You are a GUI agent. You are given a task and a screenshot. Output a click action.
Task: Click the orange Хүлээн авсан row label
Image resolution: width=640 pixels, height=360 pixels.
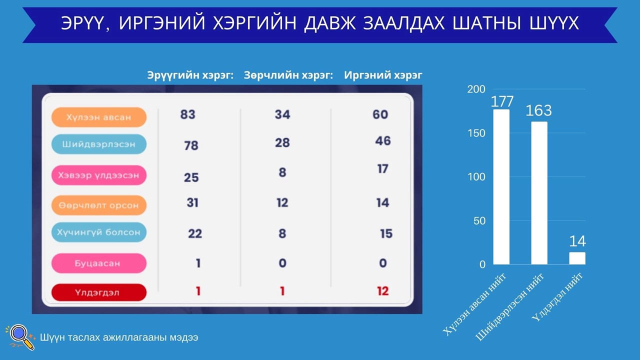(x=99, y=117)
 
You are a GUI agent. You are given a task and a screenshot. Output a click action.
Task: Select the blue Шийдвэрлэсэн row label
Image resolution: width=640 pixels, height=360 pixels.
(x=99, y=144)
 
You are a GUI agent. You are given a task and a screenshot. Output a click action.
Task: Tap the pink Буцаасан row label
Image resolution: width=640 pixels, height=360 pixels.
(x=99, y=263)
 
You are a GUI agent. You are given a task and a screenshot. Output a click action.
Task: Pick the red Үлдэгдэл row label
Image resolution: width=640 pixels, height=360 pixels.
(x=99, y=292)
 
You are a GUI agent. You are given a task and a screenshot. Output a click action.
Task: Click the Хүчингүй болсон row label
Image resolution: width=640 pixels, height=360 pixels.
(x=99, y=232)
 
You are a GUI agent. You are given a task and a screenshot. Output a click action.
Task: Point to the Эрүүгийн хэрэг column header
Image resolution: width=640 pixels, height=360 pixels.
(x=190, y=75)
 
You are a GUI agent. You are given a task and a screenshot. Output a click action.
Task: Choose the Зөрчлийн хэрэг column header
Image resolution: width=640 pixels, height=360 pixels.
(x=288, y=75)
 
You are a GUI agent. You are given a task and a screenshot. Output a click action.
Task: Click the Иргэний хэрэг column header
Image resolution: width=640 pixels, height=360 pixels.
(x=383, y=75)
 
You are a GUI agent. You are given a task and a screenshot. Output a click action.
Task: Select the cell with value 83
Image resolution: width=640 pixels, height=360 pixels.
(x=187, y=114)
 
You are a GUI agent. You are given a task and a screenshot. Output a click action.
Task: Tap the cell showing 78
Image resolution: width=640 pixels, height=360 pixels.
(x=191, y=145)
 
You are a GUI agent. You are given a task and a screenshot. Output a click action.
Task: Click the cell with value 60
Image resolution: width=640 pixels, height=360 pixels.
(x=380, y=114)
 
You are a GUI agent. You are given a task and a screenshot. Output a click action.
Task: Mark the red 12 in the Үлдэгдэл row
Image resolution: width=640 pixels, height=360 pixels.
(x=383, y=291)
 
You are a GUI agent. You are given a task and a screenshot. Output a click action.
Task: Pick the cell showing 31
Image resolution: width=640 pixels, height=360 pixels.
(x=192, y=202)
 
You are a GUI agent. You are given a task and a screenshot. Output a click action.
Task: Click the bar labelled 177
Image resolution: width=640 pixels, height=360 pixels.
(x=501, y=187)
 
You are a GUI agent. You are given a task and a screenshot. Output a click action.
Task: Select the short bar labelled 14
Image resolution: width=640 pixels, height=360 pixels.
(x=577, y=258)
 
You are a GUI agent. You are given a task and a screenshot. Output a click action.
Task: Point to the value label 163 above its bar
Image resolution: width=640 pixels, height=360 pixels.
(x=538, y=110)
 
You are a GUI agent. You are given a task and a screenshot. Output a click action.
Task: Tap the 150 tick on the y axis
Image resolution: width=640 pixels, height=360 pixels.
(x=476, y=133)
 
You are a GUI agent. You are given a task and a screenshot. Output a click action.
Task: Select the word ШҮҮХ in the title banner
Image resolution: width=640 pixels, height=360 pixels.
(x=554, y=23)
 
